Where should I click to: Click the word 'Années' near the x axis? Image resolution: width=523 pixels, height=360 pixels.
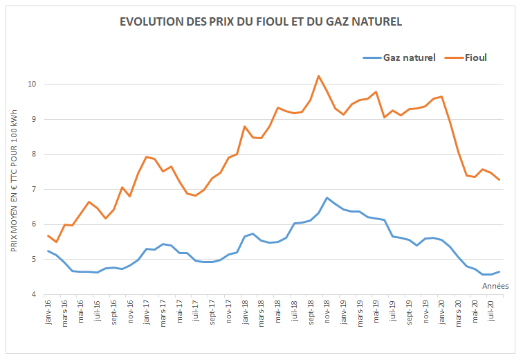click(x=495, y=285)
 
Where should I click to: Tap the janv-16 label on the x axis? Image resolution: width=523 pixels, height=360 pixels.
click(x=48, y=316)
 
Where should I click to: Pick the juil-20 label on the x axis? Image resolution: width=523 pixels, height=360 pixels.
click(x=492, y=316)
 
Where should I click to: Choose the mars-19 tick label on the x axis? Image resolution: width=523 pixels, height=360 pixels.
click(x=360, y=316)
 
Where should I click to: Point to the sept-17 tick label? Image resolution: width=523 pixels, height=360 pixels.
click(x=212, y=316)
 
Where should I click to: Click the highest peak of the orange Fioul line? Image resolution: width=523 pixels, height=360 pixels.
click(x=318, y=75)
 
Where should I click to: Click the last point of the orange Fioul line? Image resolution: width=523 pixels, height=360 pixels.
click(x=499, y=180)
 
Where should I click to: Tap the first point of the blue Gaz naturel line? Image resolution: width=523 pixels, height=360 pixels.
click(x=48, y=251)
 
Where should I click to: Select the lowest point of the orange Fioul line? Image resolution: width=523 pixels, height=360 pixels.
click(x=56, y=242)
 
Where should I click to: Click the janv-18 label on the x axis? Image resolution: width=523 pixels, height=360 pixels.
click(x=245, y=316)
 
